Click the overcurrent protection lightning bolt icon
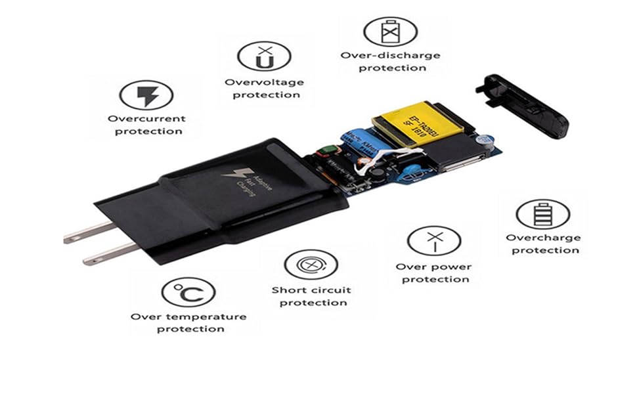(146, 97)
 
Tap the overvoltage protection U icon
(264, 57)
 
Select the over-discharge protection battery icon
(390, 31)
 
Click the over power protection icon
(433, 242)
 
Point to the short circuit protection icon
(311, 265)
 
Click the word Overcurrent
(146, 119)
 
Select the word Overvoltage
(264, 82)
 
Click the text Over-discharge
(390, 55)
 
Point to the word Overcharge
(543, 238)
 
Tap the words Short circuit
(311, 290)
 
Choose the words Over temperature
(188, 317)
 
